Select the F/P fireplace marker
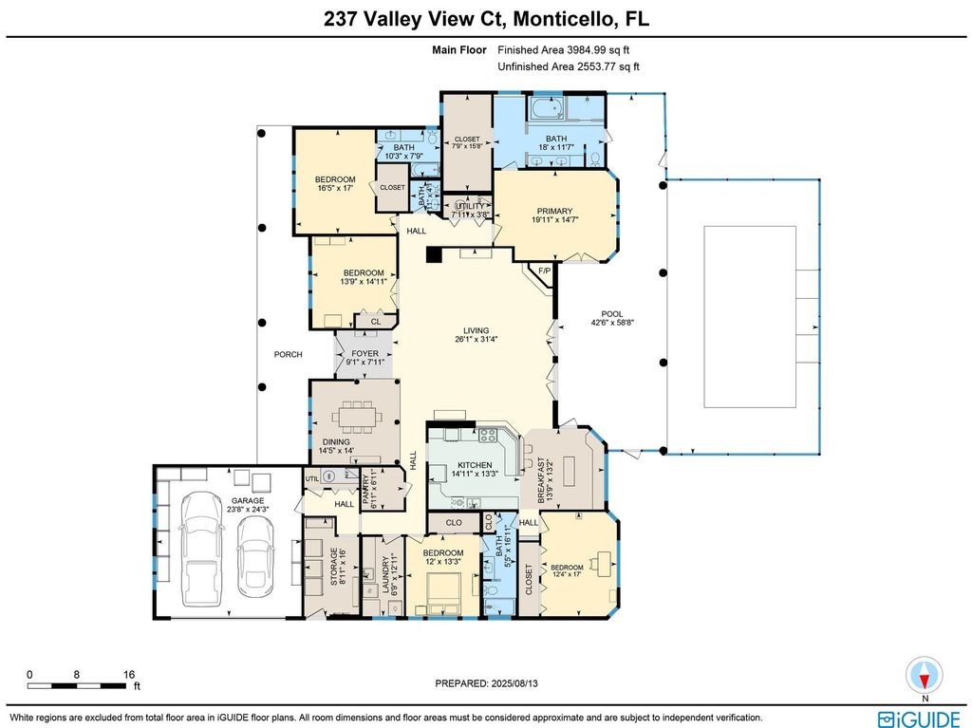coord(544,272)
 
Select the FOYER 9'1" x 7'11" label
coord(364,357)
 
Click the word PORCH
coord(288,354)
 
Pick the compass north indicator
coord(924,676)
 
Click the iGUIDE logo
coord(917,718)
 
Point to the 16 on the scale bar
coord(129,675)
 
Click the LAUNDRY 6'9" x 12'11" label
coord(390,574)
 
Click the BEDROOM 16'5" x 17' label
coord(335,183)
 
